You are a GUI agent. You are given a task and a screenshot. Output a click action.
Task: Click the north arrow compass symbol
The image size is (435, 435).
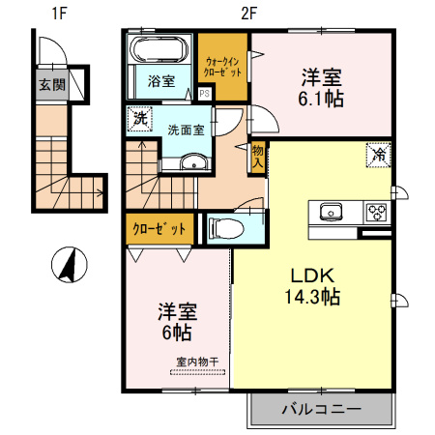70,265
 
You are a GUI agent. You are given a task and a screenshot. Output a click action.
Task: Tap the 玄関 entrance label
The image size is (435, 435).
52,85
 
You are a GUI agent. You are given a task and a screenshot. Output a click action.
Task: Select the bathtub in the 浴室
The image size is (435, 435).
159,49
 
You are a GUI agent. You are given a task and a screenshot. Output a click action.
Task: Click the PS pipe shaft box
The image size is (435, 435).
205,94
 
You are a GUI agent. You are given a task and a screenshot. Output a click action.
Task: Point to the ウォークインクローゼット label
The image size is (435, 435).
222,67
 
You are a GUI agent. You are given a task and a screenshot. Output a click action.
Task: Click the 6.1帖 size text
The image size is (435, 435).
321,99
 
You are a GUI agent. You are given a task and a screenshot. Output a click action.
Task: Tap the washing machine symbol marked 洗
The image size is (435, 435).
140,119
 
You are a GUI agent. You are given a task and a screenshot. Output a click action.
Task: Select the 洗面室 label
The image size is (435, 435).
186,130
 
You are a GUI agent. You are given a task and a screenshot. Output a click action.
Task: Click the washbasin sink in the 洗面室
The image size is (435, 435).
193,161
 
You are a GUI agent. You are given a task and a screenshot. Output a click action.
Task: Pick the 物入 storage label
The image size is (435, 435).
258,157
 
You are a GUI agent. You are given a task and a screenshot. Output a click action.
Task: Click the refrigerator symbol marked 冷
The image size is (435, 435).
378,155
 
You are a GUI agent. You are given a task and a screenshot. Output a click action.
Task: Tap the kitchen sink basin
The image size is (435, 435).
331,212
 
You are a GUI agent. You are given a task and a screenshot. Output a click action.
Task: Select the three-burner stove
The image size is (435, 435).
377,213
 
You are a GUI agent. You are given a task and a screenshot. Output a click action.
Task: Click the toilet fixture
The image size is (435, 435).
226,229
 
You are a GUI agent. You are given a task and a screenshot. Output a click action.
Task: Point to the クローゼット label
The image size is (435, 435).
159,229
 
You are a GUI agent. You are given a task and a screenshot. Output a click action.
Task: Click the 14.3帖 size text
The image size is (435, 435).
312,297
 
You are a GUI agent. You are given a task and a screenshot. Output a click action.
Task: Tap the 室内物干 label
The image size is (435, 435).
197,362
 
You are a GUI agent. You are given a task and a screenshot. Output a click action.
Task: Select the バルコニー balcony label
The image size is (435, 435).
321,409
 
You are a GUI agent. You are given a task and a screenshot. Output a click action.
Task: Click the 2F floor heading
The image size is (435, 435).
248,14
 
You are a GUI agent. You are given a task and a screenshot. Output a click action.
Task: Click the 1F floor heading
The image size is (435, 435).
59,14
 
